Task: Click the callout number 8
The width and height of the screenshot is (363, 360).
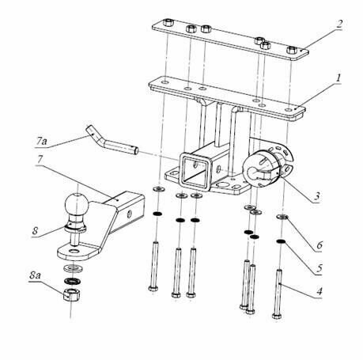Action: point(36,233)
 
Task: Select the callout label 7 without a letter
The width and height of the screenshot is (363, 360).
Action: point(40,168)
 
